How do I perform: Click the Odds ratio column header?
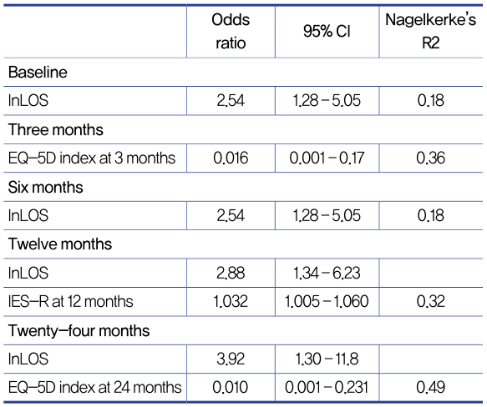click(x=231, y=32)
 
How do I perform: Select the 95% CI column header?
click(x=327, y=32)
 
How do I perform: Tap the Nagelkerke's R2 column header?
click(x=430, y=32)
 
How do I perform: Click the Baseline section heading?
click(x=38, y=73)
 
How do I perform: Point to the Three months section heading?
click(x=56, y=129)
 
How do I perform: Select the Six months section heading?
click(x=46, y=188)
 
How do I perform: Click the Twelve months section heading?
click(x=60, y=244)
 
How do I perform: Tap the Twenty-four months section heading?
click(x=79, y=330)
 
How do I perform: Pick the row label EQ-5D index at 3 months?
click(x=92, y=158)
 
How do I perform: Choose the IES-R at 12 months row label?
click(x=70, y=302)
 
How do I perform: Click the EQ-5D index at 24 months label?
click(x=94, y=388)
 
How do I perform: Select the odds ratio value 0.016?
click(x=231, y=158)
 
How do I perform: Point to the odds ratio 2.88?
click(x=231, y=274)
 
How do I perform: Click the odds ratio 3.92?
click(x=231, y=359)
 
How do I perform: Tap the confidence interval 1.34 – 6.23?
click(x=327, y=274)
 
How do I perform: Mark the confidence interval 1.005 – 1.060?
click(x=327, y=302)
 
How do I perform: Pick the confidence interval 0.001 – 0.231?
click(x=327, y=388)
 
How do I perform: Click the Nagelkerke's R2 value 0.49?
click(x=431, y=388)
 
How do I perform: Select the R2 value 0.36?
click(x=431, y=158)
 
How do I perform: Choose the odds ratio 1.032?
click(x=231, y=302)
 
